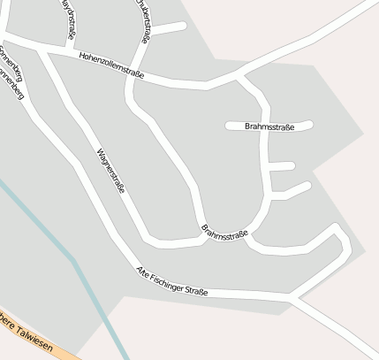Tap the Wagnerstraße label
pos(110,171)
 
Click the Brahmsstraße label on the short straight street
pos(269,126)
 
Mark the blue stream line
pos(71,257)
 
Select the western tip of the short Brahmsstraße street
pos(229,126)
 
